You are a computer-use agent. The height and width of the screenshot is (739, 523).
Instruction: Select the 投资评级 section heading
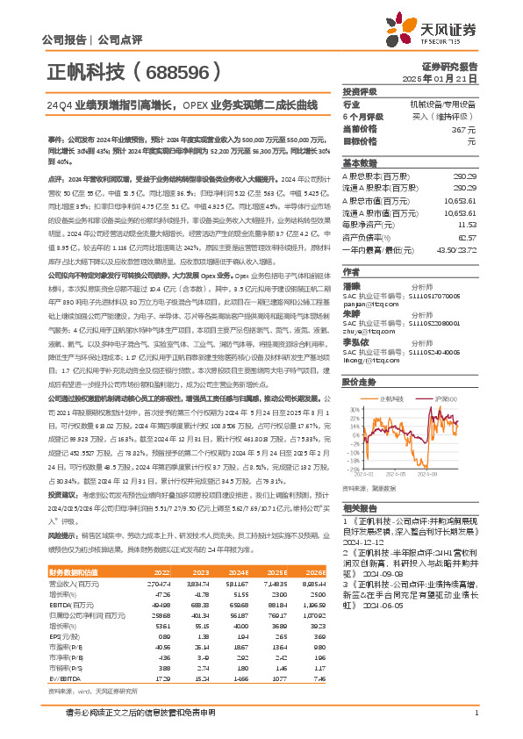tap(359, 91)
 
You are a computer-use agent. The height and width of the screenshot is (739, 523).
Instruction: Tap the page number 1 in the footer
tap(475, 712)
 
